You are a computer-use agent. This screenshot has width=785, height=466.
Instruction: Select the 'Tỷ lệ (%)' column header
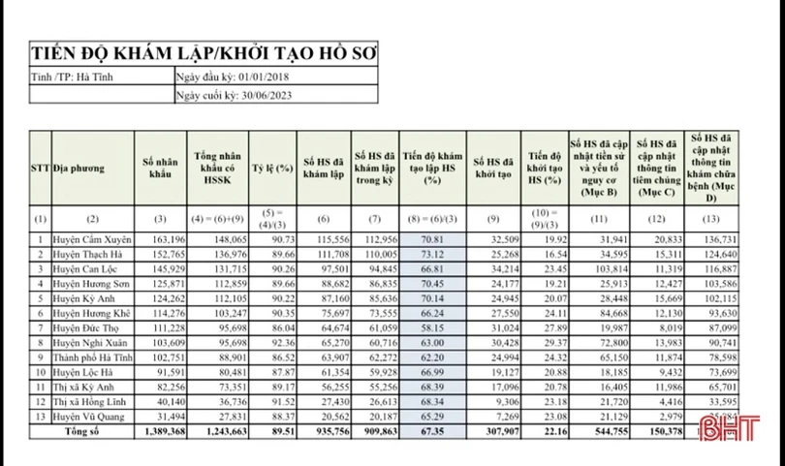[x=272, y=167]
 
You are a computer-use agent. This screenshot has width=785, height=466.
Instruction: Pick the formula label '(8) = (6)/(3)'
[x=432, y=217]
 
